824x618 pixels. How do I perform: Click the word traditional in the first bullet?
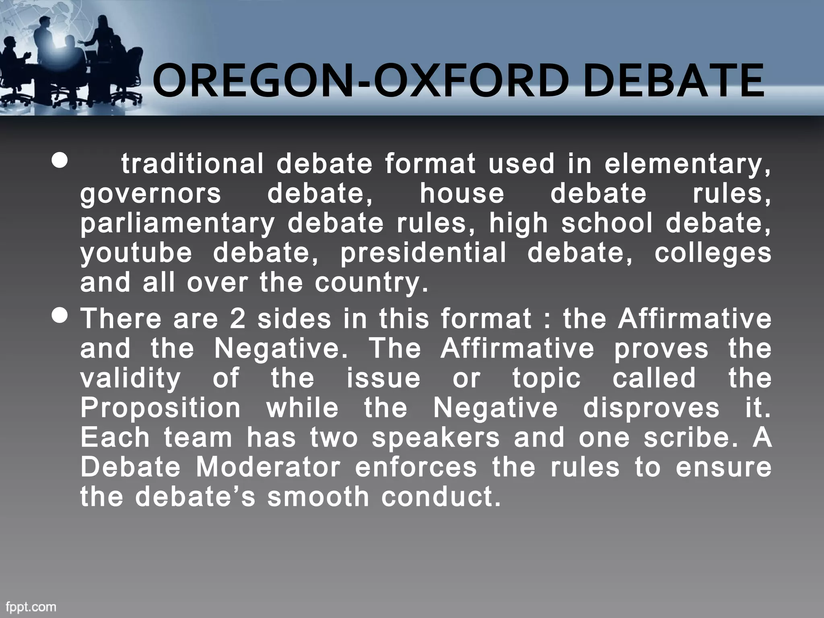pos(192,164)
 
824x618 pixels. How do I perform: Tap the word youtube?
pos(136,253)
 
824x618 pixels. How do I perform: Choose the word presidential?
pos(423,253)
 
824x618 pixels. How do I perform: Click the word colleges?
pos(713,253)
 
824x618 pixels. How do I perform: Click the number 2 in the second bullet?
pos(237,319)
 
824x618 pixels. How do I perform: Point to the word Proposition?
pos(160,408)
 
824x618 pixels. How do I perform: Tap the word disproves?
pos(651,408)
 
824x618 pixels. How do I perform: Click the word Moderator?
pos(268,468)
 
